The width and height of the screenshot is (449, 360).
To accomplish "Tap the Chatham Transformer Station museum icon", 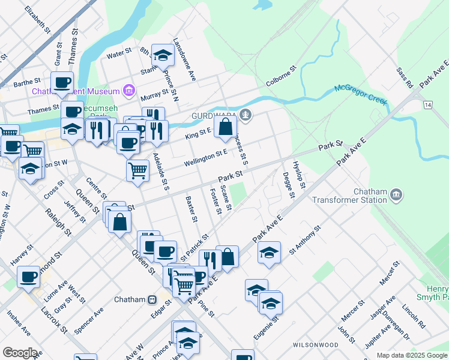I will point(396,194).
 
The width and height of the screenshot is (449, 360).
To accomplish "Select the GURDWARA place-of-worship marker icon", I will point(245,115).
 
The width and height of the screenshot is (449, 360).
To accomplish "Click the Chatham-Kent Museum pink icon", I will point(127,91).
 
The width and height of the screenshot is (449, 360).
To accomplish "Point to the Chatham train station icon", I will point(152,299).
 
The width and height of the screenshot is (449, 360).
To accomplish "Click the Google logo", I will point(20,353).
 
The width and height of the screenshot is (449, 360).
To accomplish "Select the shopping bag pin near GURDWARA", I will point(225,127).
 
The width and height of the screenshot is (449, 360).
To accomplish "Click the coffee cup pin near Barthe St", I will point(62,83).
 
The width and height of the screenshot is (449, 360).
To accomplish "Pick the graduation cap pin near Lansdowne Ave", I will point(162,56).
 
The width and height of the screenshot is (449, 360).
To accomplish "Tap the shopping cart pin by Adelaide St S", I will point(138,170).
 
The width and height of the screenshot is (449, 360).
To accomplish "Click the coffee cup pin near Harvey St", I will point(28,277).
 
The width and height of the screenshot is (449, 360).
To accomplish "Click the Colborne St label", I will point(282,78).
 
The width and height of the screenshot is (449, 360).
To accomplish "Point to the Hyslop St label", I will point(299,174).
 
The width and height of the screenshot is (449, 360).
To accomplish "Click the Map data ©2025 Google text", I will point(411,355).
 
